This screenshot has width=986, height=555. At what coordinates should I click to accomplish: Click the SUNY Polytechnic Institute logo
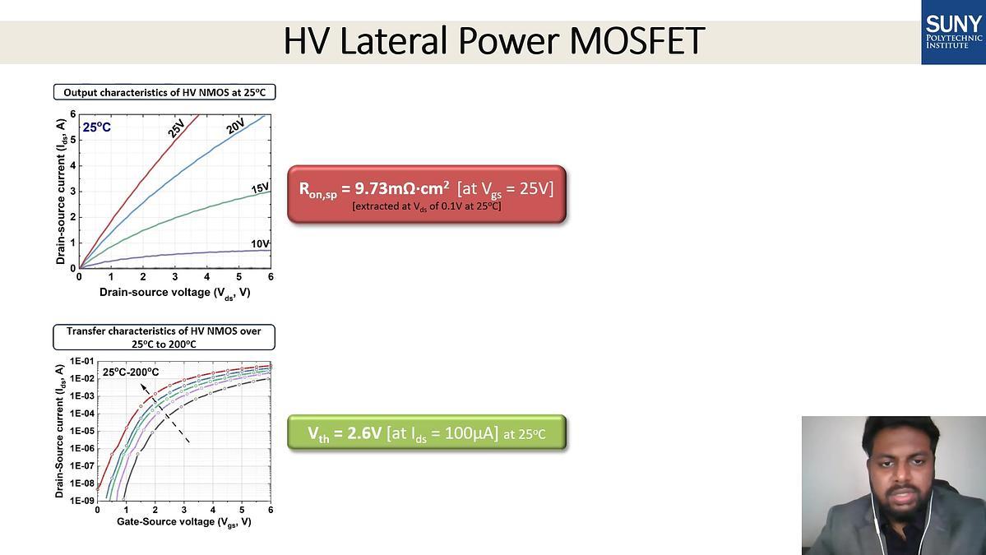coord(953,32)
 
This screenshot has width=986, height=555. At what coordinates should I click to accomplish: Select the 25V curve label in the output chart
coord(176,128)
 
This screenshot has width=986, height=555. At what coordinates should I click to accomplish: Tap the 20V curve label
coord(235,127)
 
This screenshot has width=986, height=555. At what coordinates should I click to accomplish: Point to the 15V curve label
coord(260,188)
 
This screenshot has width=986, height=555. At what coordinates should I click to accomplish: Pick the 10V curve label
coord(260,244)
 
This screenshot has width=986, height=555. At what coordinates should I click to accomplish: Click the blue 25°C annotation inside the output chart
coord(97,127)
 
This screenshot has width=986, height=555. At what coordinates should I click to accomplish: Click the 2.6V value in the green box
coord(365,433)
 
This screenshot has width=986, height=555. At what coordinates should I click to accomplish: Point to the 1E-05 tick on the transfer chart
coord(81,431)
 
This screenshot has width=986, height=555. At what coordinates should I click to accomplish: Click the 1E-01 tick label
coord(81,362)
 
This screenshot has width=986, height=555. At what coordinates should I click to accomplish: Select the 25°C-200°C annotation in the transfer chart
coord(131,372)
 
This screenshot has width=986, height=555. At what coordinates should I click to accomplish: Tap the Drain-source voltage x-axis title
coord(175,293)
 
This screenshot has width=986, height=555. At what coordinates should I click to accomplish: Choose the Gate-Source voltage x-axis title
coord(183,522)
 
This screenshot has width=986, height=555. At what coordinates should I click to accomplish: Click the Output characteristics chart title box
coord(164,92)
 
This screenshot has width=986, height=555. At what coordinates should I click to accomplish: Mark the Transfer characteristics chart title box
coord(164,338)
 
